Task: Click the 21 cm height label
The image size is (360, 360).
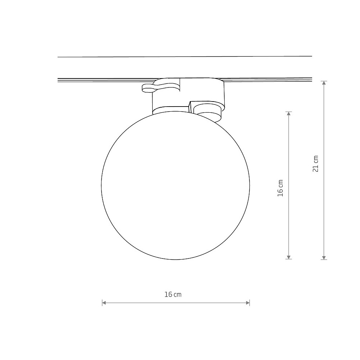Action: click(316, 164)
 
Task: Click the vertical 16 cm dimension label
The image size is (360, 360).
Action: click(280, 188)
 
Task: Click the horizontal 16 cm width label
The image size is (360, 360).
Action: click(173, 294)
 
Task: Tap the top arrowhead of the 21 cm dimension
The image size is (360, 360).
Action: click(324, 83)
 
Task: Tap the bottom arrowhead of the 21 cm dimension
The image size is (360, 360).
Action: click(324, 258)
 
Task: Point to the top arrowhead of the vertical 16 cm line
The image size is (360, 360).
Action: click(289, 114)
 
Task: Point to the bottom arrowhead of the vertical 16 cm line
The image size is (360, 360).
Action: click(289, 257)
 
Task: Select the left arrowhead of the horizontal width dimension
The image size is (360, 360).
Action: click(104, 303)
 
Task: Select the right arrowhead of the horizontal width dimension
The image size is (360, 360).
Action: click(248, 303)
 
